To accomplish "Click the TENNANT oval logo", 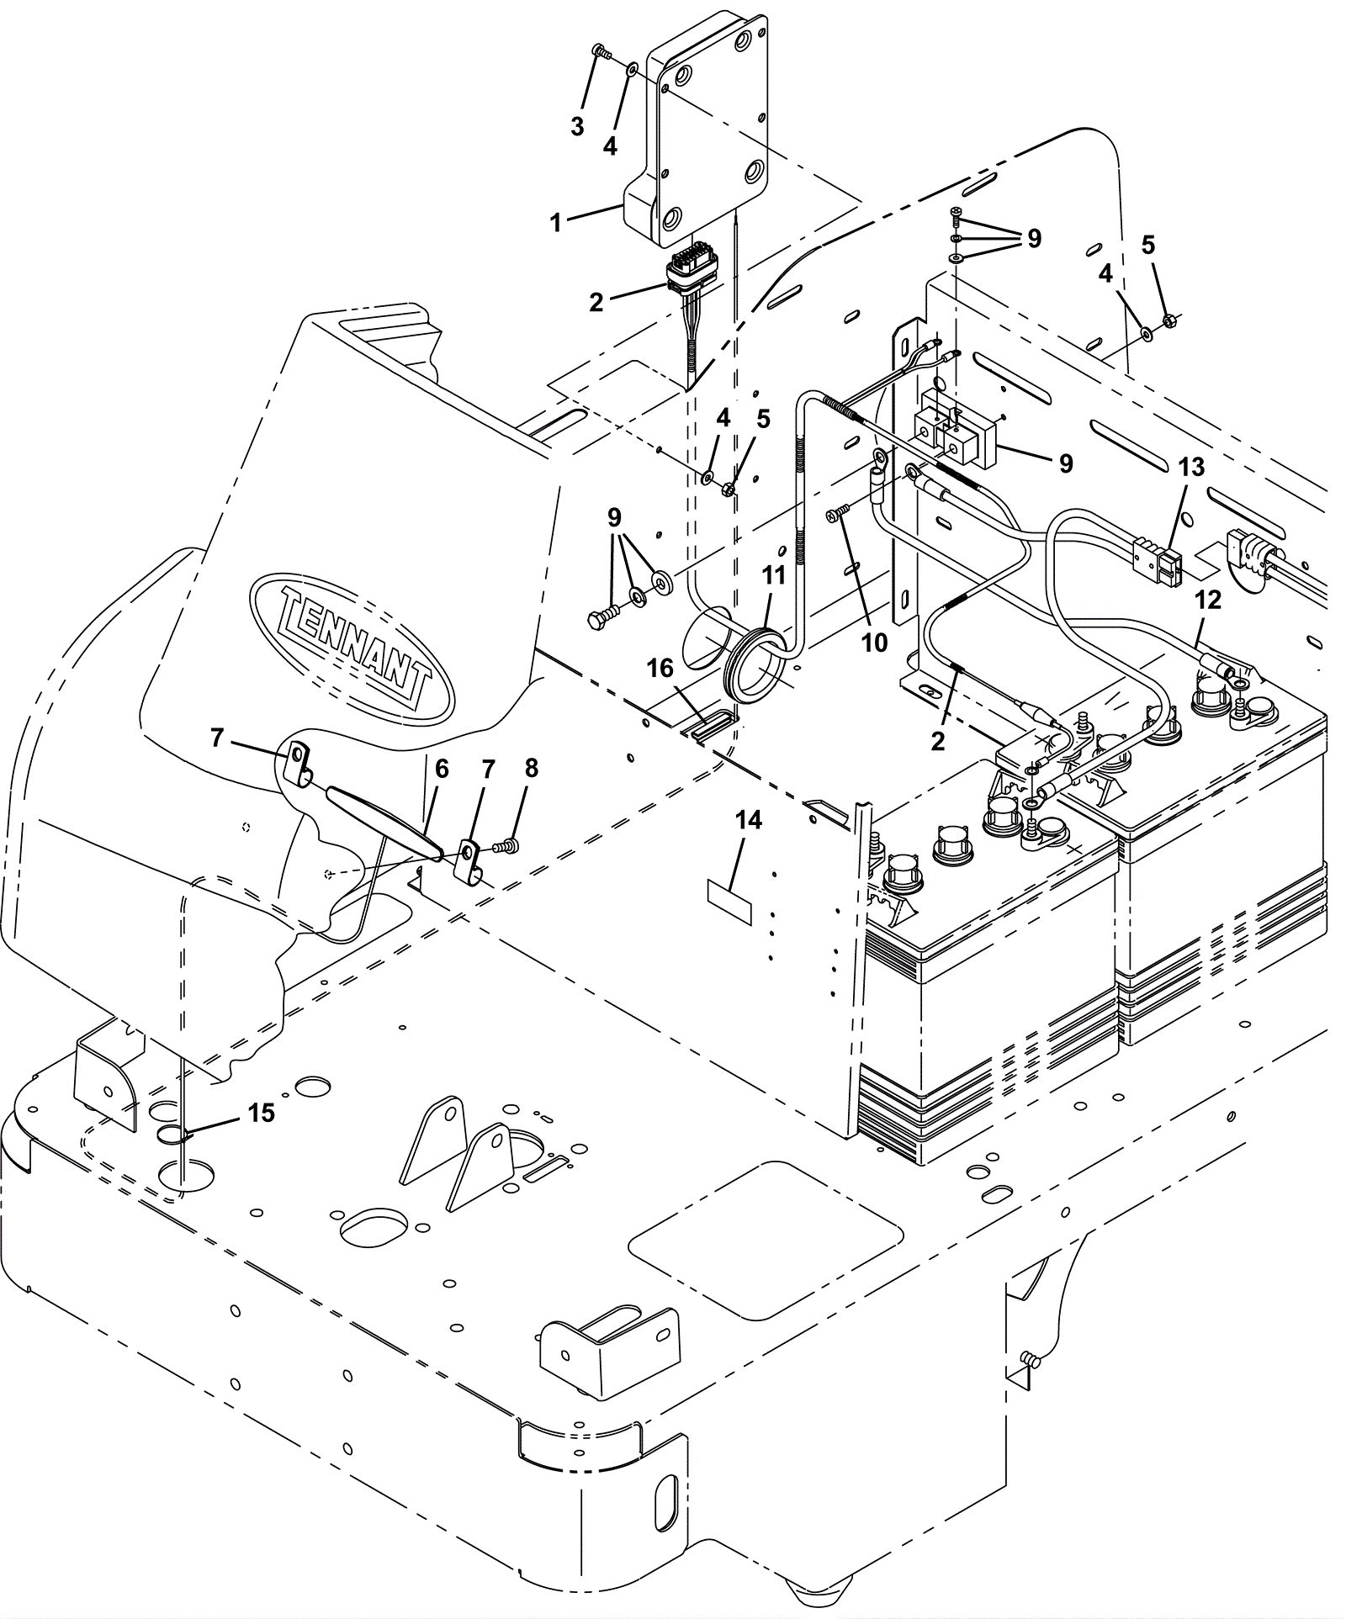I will (x=352, y=647).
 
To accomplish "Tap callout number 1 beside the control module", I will (x=555, y=223).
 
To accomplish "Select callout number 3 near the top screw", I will (x=577, y=127).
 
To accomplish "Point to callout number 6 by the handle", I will (x=442, y=768).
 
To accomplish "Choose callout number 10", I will (x=875, y=643).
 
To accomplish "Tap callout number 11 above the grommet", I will (x=774, y=575).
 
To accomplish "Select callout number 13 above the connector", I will (x=1192, y=467).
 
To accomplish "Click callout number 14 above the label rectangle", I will (x=749, y=820).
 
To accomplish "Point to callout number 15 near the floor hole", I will (x=262, y=1113).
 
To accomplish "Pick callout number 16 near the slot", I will (x=660, y=668).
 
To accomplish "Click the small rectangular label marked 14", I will (x=729, y=902).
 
